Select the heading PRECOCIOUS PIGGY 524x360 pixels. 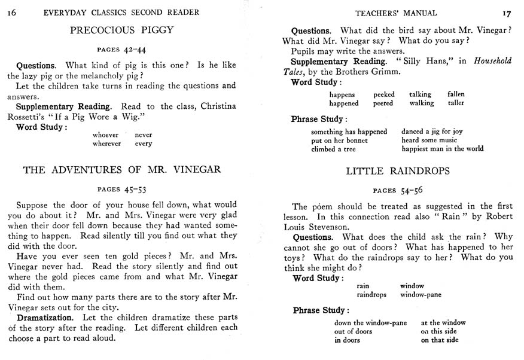tap(121, 29)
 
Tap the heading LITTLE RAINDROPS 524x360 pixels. tap(398, 171)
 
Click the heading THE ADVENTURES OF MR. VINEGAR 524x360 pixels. tap(121, 169)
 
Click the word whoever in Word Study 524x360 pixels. tap(105, 135)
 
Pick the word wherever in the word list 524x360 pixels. tap(106, 144)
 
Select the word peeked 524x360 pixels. tap(384, 94)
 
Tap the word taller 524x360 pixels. tap(456, 103)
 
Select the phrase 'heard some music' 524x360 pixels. tap(429, 141)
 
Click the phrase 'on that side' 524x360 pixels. tap(440, 340)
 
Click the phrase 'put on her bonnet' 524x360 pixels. tap(339, 141)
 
